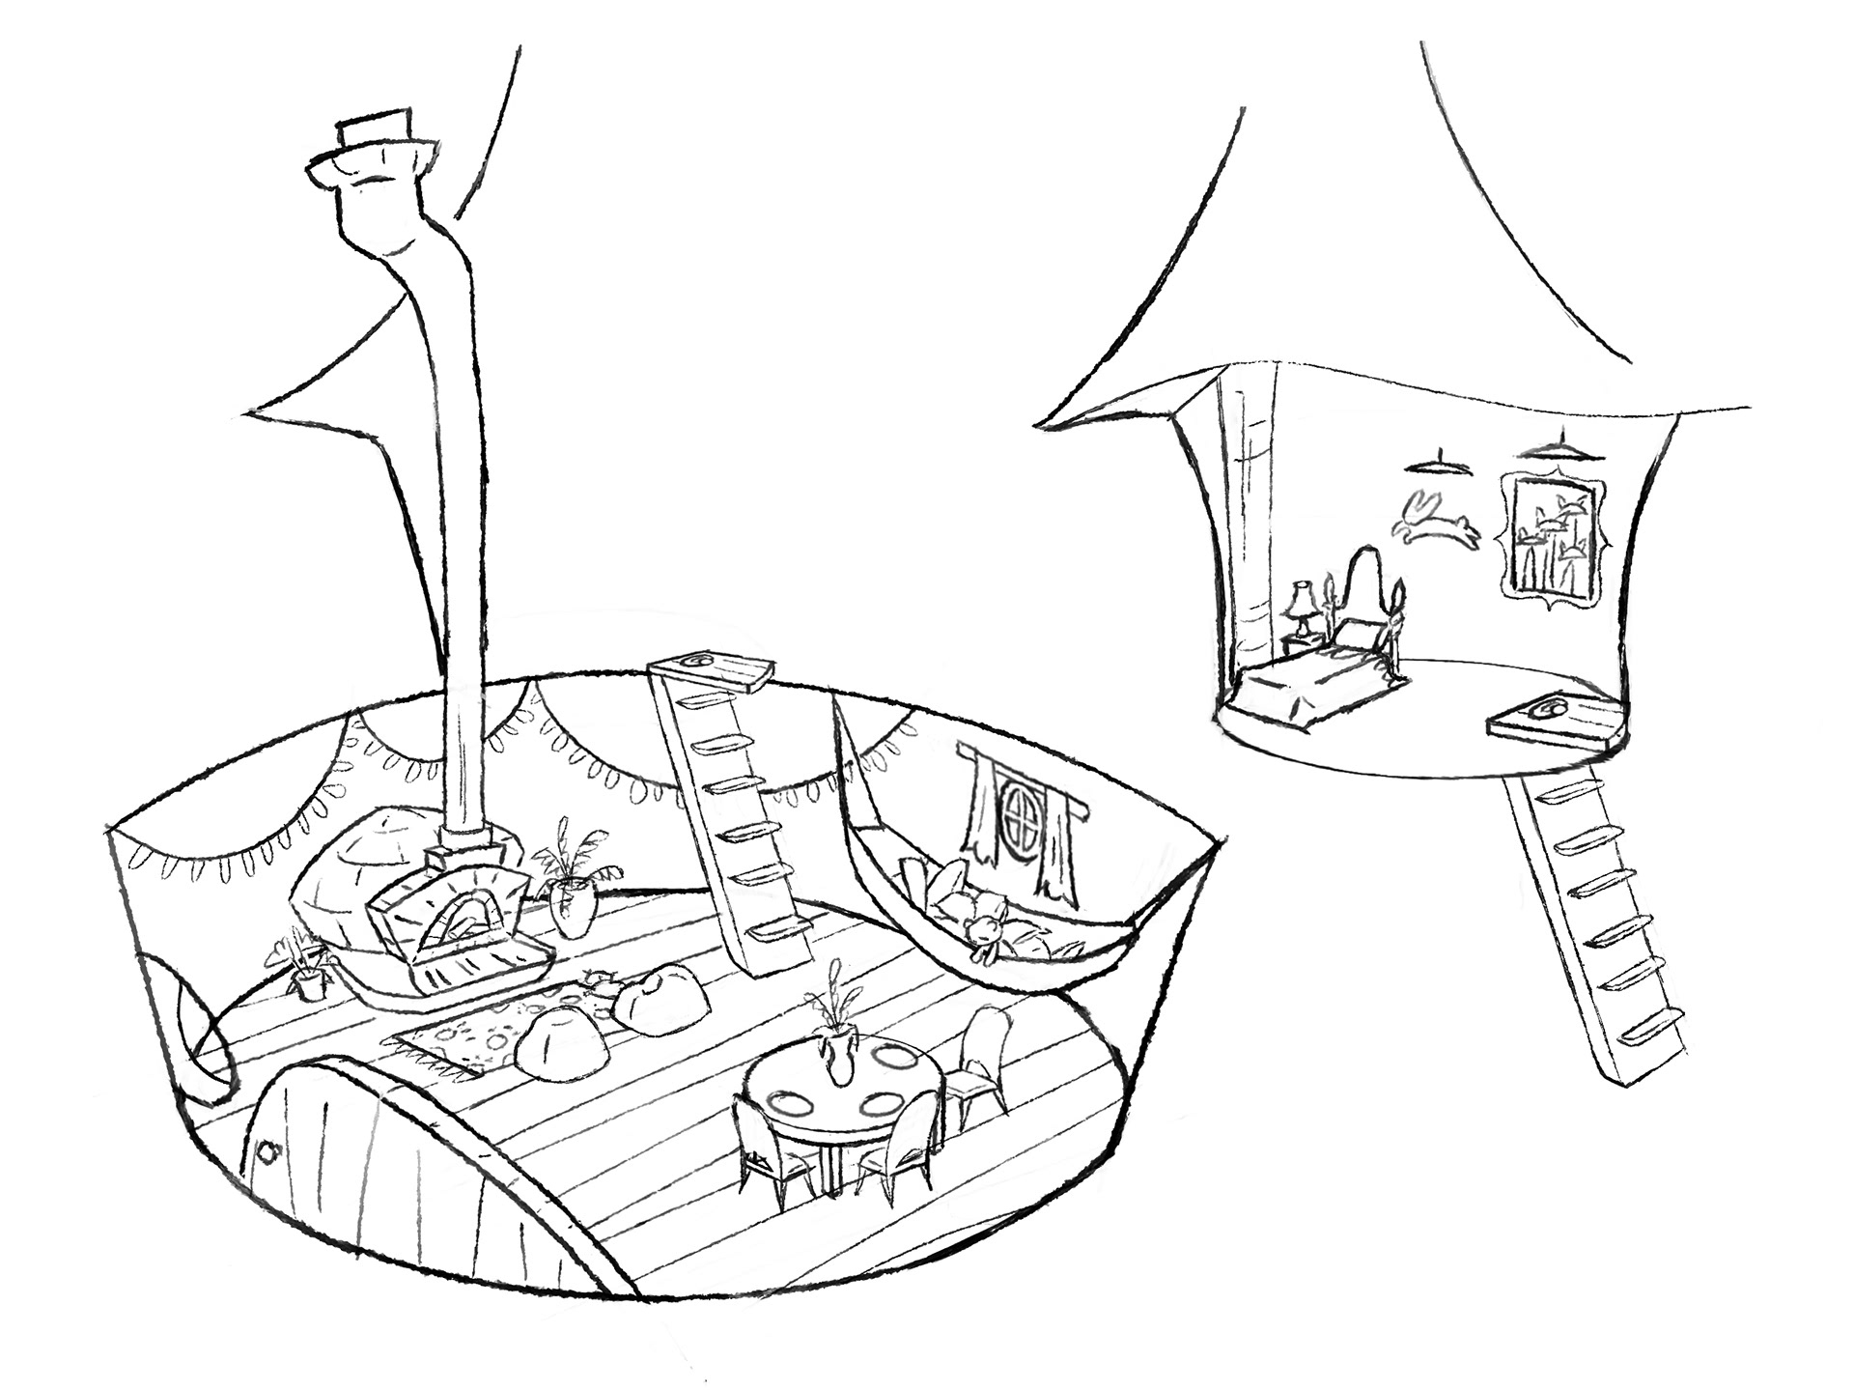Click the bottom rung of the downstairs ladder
[780, 929]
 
